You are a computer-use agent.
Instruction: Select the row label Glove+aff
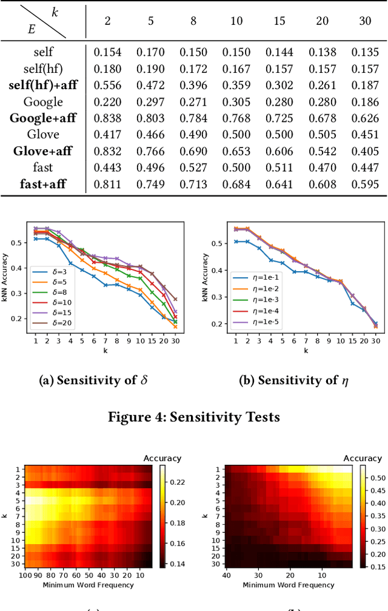point(43,151)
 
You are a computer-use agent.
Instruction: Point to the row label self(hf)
point(43,69)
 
